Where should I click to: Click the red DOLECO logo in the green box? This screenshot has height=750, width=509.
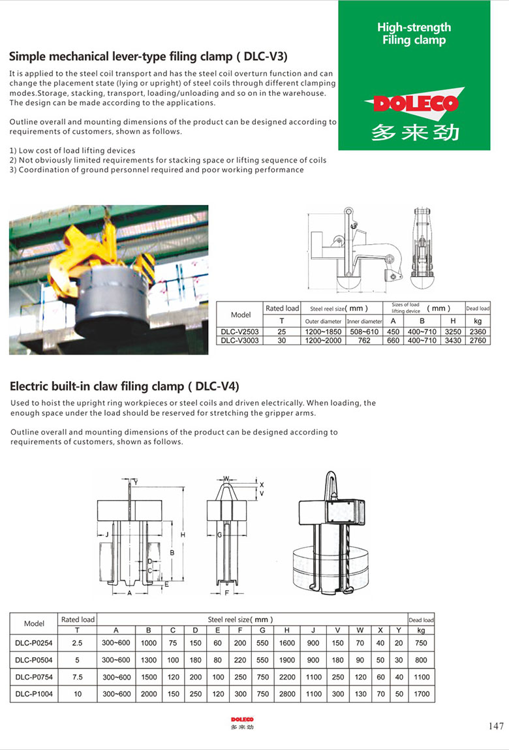[412, 103]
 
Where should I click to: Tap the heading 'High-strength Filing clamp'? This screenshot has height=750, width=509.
[414, 33]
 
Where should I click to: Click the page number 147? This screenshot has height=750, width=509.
[496, 726]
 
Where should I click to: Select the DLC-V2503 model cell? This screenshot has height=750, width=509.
[240, 332]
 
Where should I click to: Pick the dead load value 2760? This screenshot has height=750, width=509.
[478, 340]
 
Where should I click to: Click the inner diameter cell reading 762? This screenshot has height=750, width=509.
[363, 340]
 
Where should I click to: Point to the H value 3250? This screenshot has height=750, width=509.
[452, 332]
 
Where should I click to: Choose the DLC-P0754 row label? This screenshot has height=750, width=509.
[34, 677]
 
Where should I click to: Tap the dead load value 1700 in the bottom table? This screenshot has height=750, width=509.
[422, 694]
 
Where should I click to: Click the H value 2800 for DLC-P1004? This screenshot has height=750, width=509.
[286, 694]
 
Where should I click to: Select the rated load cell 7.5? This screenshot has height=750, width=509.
[78, 677]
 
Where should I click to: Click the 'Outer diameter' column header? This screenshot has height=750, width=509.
[323, 321]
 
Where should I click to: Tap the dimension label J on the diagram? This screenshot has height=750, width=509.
[106, 534]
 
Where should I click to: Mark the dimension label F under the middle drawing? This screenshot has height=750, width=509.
[226, 593]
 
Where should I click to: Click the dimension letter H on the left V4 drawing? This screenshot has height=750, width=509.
[183, 535]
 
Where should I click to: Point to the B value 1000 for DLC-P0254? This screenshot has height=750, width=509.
[149, 642]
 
